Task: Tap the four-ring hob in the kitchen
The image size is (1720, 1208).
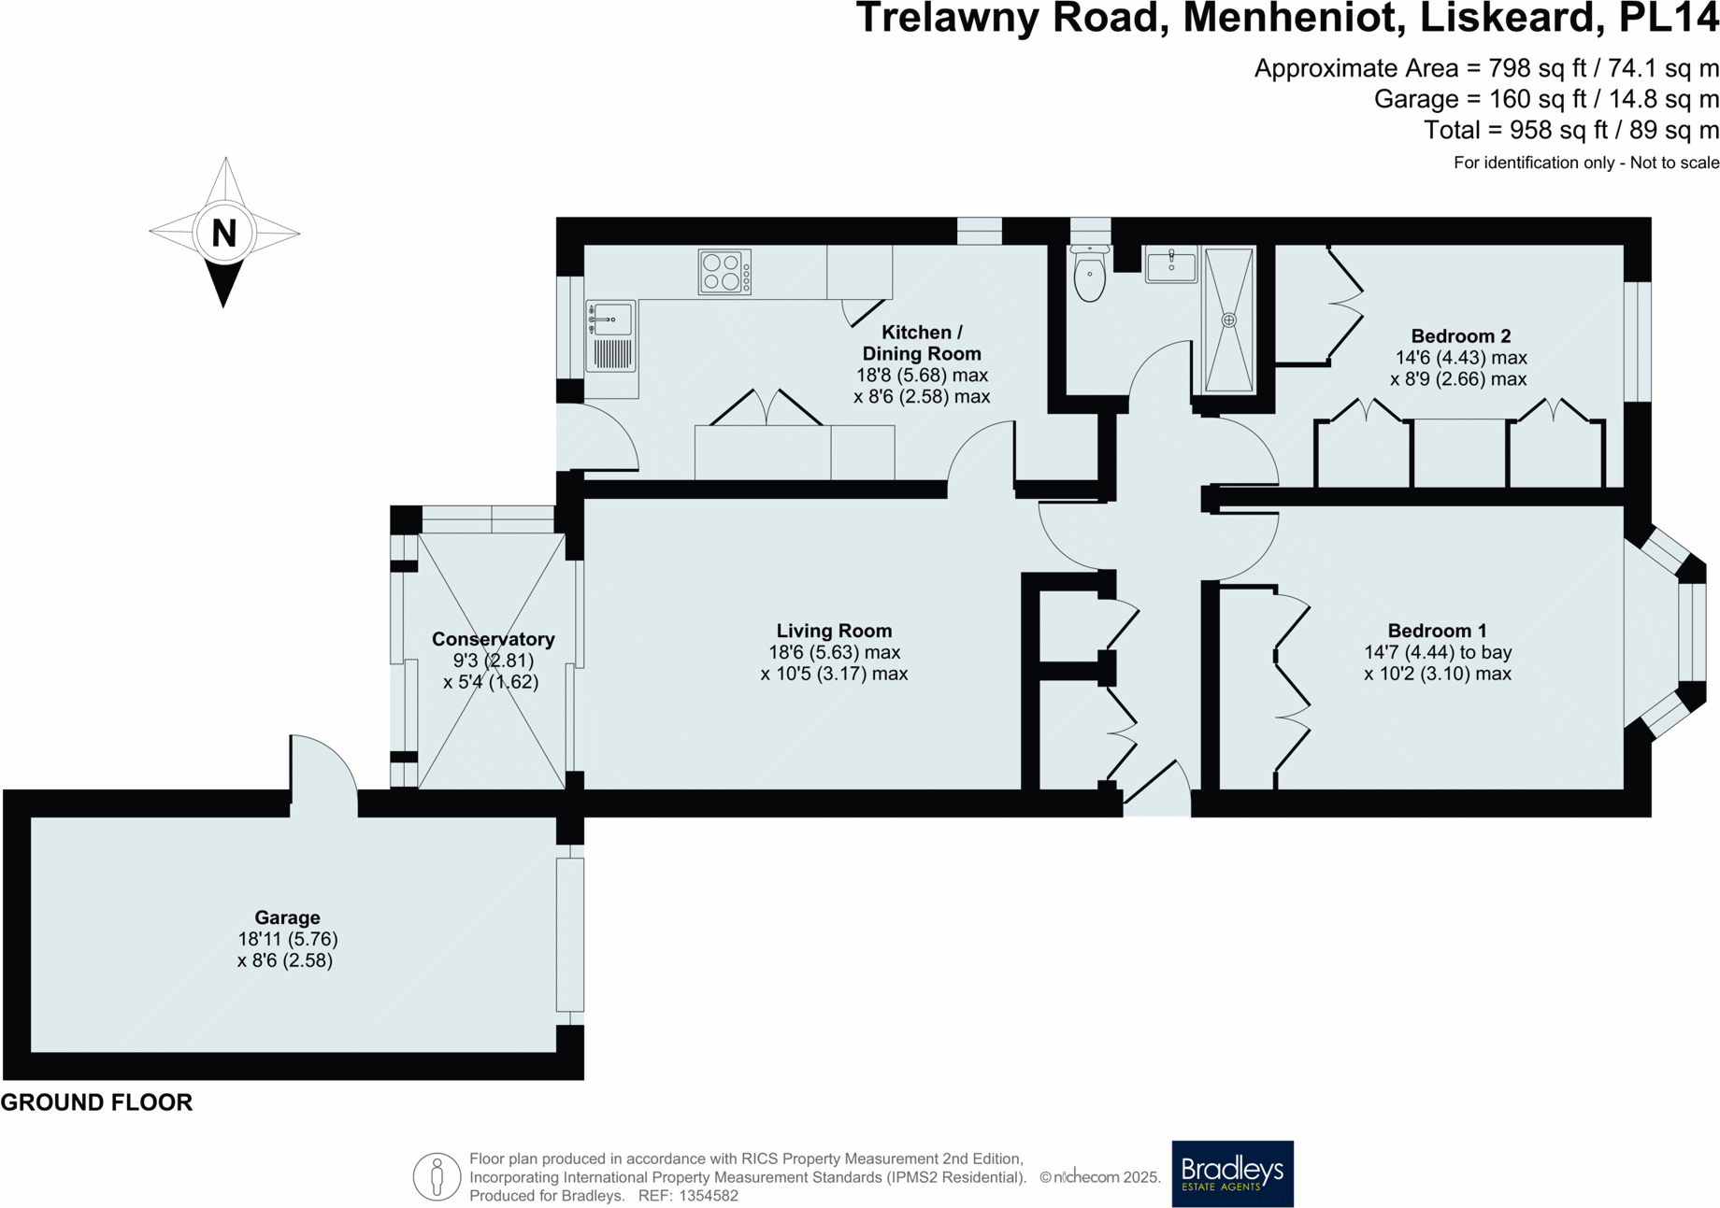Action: [724, 272]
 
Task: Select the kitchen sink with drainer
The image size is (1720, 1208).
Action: [610, 336]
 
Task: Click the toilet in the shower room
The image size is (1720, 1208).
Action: [1090, 272]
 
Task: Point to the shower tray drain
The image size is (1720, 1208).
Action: [1229, 320]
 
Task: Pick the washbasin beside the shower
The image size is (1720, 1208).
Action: [1171, 265]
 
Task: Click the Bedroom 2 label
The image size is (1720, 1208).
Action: [1460, 336]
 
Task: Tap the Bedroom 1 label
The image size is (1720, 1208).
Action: [1437, 632]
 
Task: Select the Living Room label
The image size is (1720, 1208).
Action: [834, 632]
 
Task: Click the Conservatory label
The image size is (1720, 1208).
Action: [493, 640]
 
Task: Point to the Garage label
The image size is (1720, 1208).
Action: [287, 918]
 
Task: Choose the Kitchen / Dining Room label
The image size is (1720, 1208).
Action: [922, 343]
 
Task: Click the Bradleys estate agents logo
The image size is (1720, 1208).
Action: [1232, 1173]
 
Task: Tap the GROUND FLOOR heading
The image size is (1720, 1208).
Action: [96, 1102]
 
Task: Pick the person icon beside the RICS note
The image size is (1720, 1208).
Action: [437, 1176]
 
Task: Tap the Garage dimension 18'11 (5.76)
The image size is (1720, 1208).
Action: [287, 939]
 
